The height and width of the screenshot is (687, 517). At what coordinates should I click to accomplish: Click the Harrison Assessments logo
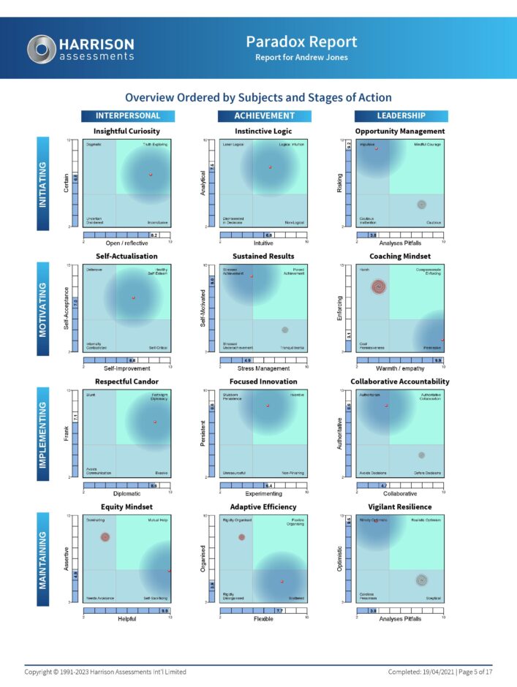point(80,48)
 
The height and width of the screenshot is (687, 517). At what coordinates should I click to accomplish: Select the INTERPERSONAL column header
point(129,115)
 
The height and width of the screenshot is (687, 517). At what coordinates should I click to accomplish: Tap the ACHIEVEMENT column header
point(264,115)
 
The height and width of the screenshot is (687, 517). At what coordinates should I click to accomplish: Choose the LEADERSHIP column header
point(401,115)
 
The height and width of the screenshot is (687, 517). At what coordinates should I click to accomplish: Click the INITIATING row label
point(43,184)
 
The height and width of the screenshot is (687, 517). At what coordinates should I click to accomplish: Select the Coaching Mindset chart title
point(400,257)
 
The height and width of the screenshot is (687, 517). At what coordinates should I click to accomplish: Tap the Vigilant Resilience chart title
point(400,507)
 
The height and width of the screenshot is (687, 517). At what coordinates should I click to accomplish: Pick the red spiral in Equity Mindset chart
point(105,537)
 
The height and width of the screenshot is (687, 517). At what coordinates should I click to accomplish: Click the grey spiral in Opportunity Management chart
point(421,205)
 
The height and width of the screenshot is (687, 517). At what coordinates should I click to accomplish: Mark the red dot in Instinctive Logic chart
point(270,167)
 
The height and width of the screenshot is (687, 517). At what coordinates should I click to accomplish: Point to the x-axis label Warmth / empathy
point(400,368)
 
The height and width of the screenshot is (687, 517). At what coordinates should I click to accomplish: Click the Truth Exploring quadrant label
point(155,145)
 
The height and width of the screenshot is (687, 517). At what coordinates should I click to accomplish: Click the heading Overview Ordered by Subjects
point(258,97)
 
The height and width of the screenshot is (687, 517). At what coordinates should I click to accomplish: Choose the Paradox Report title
point(301,42)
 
